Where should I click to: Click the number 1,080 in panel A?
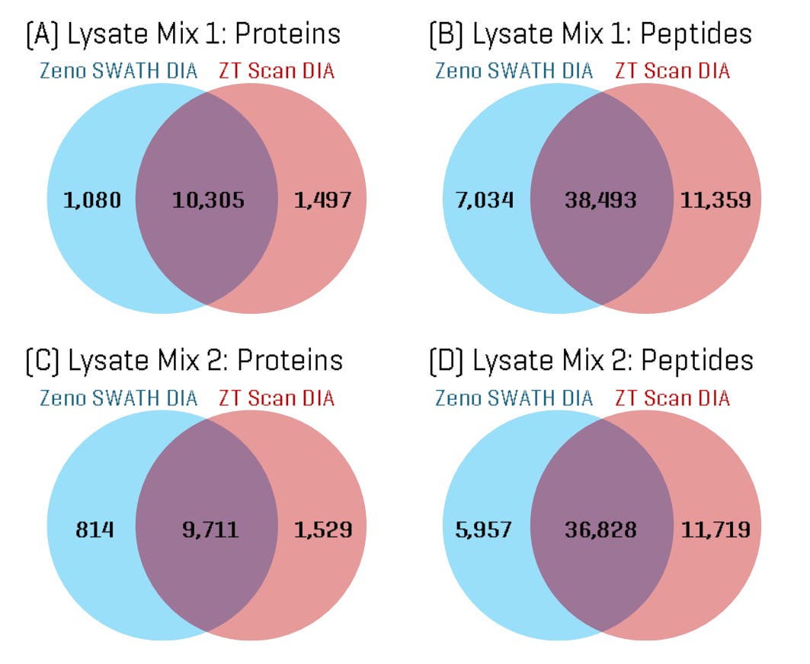[91, 201]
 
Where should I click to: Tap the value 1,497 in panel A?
[322, 201]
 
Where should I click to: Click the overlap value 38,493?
[600, 201]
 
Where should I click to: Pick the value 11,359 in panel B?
[715, 201]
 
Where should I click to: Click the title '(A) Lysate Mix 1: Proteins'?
[183, 34]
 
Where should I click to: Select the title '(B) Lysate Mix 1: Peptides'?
[591, 34]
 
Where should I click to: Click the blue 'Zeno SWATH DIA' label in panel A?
[118, 72]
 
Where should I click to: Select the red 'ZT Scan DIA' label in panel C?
[277, 397]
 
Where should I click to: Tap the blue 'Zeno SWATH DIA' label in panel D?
[514, 397]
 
